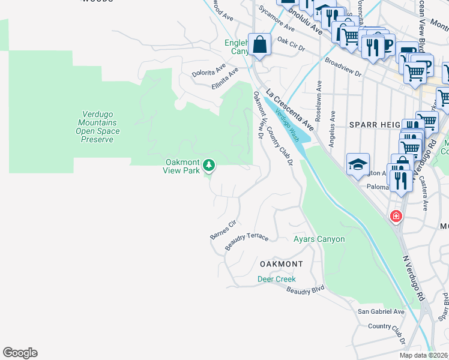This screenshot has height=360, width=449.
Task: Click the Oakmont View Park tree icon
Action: [209, 164]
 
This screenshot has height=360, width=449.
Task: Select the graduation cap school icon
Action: [358, 164]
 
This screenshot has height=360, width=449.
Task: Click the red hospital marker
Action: [396, 216]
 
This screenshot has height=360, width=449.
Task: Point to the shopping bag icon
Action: [259, 44]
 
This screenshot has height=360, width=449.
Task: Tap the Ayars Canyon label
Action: [319, 239]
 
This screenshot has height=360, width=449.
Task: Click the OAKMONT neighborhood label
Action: [281, 264]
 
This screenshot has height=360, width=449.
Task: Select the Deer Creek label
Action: [277, 279]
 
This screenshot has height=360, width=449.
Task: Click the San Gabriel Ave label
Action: [381, 311]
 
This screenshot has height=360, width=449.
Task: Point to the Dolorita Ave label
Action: [208, 71]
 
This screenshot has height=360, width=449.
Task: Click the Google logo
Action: [20, 353]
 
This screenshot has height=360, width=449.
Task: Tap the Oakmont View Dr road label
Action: [259, 116]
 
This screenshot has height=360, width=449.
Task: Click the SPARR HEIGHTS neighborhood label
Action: [375, 124]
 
